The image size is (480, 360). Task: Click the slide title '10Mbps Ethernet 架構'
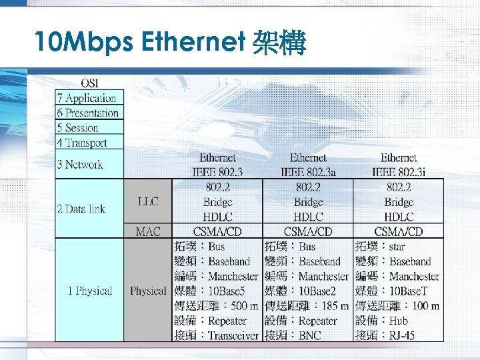tap(171, 44)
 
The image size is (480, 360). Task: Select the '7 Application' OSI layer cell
tap(90, 98)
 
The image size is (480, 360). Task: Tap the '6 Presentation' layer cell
tap(90, 113)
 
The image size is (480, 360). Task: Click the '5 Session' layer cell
tap(90, 127)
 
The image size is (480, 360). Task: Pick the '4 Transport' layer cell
tap(90, 142)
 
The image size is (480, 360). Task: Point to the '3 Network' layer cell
tap(90, 164)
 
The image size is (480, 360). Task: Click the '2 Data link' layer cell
tap(90, 209)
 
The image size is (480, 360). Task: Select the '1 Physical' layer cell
tap(90, 291)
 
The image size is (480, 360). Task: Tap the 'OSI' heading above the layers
tap(91, 83)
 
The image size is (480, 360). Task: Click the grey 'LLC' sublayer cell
tap(147, 201)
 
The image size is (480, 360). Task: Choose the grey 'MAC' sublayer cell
tap(147, 231)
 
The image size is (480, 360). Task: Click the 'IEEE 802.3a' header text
tap(308, 172)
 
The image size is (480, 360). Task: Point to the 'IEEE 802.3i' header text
tap(399, 172)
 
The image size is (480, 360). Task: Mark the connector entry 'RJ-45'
tap(402, 335)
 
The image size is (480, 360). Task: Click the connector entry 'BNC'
tap(311, 335)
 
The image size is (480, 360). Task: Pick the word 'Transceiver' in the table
tap(233, 335)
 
